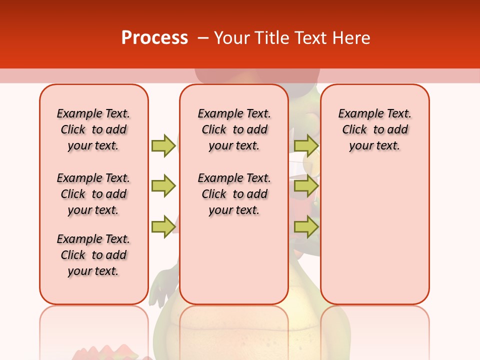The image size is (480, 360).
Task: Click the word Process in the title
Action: point(154,38)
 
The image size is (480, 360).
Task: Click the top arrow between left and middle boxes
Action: point(163,145)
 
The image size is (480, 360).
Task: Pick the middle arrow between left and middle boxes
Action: point(163,186)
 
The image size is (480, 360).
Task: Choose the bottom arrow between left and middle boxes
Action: point(163,226)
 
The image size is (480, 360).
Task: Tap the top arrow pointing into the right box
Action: point(306,145)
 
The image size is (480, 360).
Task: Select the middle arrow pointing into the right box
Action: point(306,186)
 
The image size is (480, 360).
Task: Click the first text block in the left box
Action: point(93,129)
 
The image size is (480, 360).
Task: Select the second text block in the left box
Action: point(93,194)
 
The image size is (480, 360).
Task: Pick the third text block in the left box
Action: point(93,255)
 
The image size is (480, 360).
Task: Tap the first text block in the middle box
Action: point(234,129)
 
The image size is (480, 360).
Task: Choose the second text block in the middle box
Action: point(234,194)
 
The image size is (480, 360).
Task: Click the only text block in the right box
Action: point(374,129)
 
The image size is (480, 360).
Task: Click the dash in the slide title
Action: point(203,38)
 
